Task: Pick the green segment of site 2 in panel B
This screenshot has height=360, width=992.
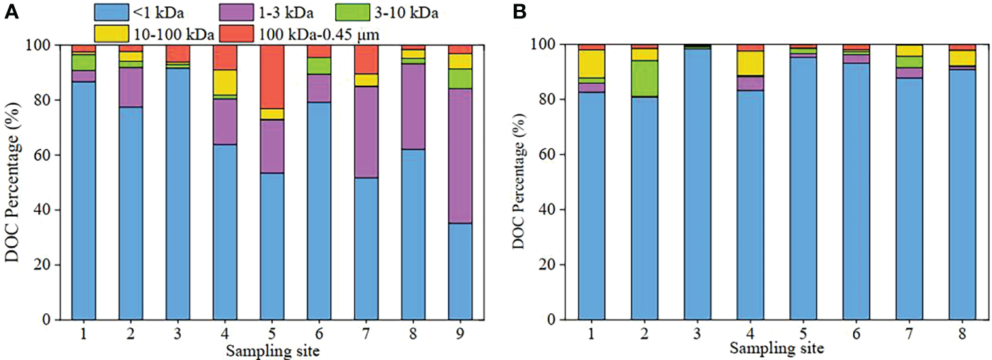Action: pyautogui.click(x=644, y=78)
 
